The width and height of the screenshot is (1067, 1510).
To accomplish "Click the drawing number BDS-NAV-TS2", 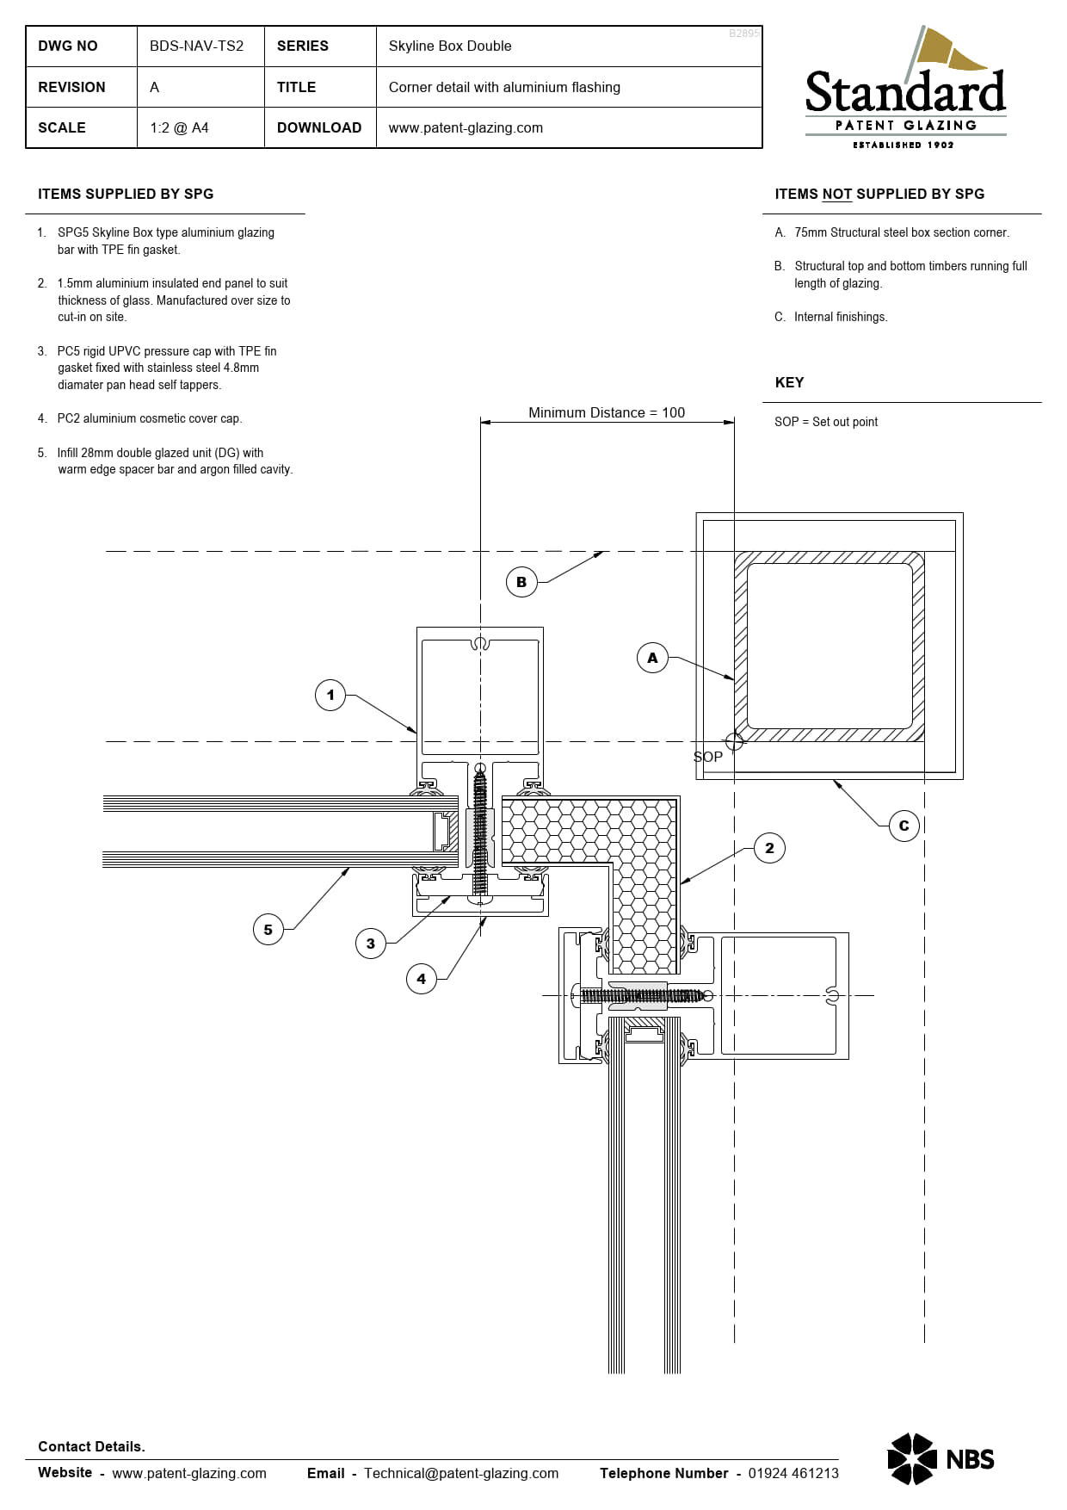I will coord(196,46).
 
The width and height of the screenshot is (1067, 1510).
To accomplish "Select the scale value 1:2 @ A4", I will coord(179,128).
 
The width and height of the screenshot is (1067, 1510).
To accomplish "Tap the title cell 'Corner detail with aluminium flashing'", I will coord(504,87).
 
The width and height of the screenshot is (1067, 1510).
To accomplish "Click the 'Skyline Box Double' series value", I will coord(450,46).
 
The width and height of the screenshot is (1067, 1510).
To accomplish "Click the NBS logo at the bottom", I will coord(941,1458).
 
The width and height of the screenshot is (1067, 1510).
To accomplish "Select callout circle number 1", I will coord(330,695).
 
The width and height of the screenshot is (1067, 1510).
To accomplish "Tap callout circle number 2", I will coord(769,848).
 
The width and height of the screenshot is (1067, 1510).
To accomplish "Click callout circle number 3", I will coord(371,944).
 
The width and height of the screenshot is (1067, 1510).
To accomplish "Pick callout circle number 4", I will coord(422,979).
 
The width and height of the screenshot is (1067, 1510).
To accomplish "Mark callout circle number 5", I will coord(268,930).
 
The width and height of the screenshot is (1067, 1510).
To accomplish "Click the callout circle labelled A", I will coord(652,658).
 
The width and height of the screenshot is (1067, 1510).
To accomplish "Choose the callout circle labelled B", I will coord(521,582).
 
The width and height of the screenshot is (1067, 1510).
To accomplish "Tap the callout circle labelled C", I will coord(904,826).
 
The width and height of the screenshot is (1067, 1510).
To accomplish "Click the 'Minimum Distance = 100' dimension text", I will coord(607,413).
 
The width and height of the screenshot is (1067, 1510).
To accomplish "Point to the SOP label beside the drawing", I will coord(708,757).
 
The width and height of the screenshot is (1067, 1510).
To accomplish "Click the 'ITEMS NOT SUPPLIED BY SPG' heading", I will coord(879,195).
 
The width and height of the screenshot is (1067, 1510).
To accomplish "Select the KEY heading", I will coord(789,383).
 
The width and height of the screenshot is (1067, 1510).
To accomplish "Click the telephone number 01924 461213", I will coord(793,1473).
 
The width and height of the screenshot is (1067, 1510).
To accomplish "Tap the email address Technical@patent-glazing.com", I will coord(461,1473).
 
